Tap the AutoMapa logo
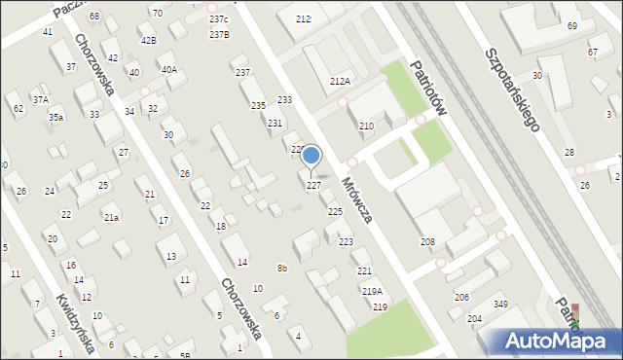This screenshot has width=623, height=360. [559, 341]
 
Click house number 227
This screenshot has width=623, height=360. [314, 185]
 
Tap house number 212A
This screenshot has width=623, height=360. [340, 82]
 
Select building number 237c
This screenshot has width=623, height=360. [218, 19]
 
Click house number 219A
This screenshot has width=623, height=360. [372, 291]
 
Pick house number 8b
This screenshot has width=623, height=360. [281, 268]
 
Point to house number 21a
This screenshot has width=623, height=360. [111, 217]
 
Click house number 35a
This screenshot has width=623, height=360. [57, 118]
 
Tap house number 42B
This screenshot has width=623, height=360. [148, 40]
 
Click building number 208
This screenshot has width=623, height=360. [427, 241]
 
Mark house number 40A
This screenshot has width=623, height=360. [169, 69]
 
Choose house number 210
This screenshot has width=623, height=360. [366, 126]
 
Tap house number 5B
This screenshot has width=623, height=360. [185, 356]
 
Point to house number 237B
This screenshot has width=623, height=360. [219, 35]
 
